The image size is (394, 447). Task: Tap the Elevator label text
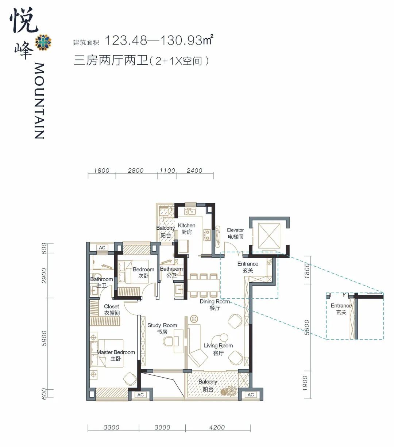(235, 230)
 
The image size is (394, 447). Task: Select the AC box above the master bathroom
(102, 248)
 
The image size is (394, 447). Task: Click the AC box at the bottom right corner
(251, 395)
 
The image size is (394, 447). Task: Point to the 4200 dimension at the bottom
(217, 427)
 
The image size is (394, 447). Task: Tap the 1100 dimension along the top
(167, 171)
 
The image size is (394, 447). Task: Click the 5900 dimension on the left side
(44, 338)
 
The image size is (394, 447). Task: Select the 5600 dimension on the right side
(307, 328)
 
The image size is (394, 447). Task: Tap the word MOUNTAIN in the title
(39, 101)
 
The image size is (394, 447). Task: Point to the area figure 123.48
(126, 41)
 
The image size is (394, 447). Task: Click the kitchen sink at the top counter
(190, 211)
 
